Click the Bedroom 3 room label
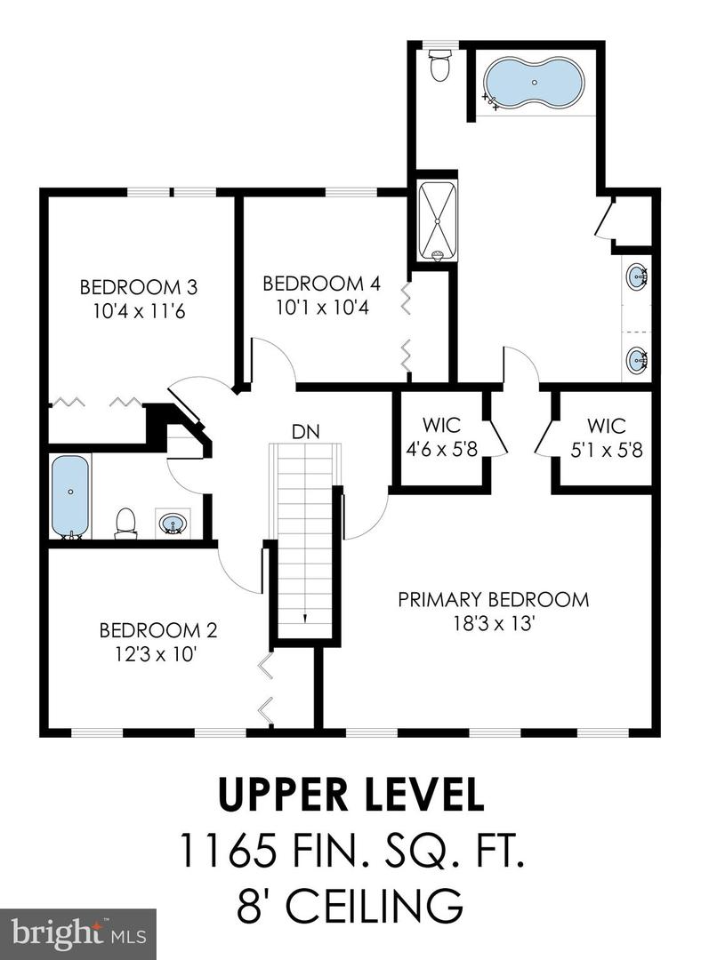pos(139,286)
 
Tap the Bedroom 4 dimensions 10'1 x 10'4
pos(322,308)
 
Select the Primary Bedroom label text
pos(493,599)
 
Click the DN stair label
pos(306,432)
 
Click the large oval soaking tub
pos(534,82)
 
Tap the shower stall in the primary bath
pos(438,221)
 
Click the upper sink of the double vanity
pos(637,276)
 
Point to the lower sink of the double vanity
pos(637,359)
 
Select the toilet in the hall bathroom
pos(126,524)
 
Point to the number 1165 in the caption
pos(227,851)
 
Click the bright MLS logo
pos(77,934)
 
